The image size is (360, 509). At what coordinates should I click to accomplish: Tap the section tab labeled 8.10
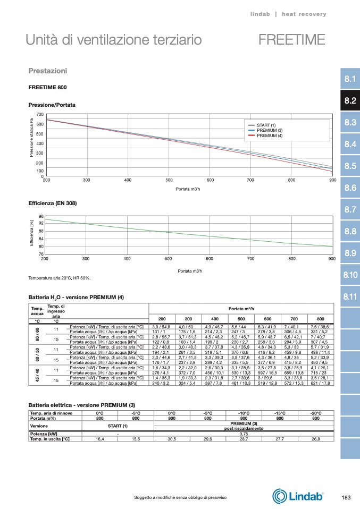[350, 275]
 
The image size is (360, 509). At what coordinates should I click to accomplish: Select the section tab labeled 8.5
[350, 166]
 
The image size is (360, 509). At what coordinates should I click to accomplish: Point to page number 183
[346, 497]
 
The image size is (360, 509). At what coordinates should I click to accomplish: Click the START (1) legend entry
[266, 125]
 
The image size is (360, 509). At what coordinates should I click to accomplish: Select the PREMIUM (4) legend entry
[269, 136]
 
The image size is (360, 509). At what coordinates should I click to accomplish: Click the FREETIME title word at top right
[292, 40]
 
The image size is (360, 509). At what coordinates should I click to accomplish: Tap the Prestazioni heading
[47, 71]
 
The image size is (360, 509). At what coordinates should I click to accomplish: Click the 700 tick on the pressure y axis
[40, 115]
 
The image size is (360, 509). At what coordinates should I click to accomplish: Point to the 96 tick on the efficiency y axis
[40, 216]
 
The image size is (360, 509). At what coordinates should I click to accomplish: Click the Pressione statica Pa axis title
[31, 138]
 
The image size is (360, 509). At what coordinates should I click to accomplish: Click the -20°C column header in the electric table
[316, 413]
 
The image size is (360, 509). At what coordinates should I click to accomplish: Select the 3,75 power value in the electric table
[243, 434]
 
